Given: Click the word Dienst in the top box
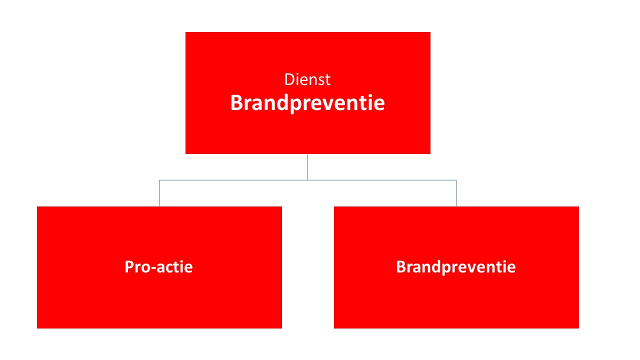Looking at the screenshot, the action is [307, 79].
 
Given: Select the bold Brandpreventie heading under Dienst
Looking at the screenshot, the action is [307, 103].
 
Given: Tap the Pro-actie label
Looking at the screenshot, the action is [158, 267].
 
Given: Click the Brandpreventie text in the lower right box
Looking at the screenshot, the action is [455, 267].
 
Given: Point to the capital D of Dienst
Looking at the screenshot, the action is [289, 79].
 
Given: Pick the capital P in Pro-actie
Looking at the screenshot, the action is [129, 267].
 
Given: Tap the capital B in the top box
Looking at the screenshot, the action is [236, 102].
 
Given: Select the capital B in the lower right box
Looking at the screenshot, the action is [401, 267].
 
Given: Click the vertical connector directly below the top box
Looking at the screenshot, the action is [307, 167].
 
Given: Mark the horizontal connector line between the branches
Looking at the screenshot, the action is [307, 180].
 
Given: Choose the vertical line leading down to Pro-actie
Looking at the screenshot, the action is [159, 193].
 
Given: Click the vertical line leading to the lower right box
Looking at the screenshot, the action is [456, 193].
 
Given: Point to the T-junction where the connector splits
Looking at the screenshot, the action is [307, 180].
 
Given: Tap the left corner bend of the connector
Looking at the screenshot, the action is [159, 180].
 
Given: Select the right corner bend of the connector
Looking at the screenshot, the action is [456, 180].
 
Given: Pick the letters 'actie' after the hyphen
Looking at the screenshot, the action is [174, 267].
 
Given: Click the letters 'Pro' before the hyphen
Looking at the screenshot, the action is [136, 267].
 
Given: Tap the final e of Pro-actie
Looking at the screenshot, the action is [188, 268].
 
